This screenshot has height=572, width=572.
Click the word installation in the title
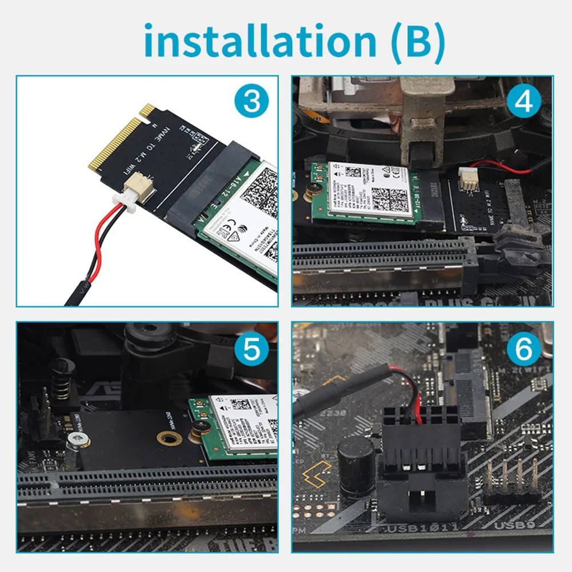pyautogui.click(x=259, y=41)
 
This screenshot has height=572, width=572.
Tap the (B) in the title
pyautogui.click(x=415, y=41)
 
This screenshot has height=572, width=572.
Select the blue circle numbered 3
pyautogui.click(x=251, y=103)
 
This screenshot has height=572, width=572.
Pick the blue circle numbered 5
pyautogui.click(x=251, y=350)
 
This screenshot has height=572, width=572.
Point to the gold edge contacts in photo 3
pyautogui.click(x=117, y=143)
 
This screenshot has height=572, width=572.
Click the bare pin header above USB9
pyautogui.click(x=511, y=480)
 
